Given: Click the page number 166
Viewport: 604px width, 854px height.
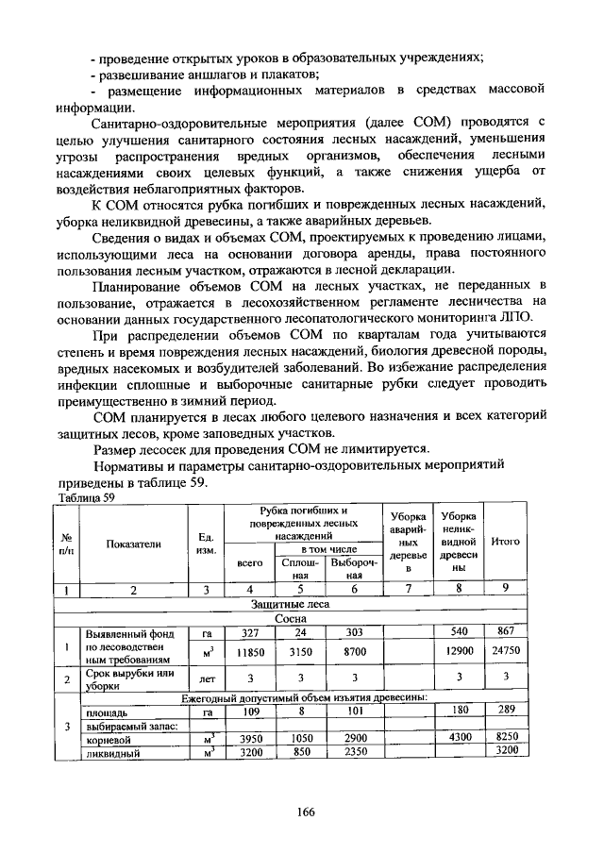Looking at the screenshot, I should pos(304,812).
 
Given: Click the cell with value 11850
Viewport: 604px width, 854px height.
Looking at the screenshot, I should pos(249,651).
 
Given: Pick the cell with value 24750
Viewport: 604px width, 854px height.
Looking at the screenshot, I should pos(506,651).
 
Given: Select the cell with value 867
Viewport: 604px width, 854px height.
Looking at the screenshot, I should pos(506,631).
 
